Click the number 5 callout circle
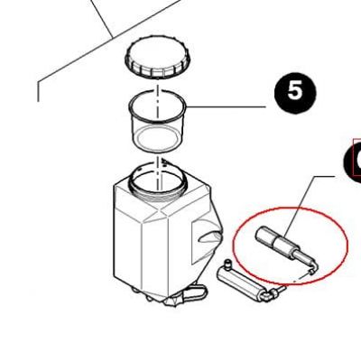(295, 91)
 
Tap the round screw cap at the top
(157, 57)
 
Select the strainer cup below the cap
(158, 120)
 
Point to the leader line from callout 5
(227, 106)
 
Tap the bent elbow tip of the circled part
(312, 268)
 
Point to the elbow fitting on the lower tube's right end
(269, 295)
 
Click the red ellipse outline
(235, 245)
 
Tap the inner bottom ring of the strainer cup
(157, 139)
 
